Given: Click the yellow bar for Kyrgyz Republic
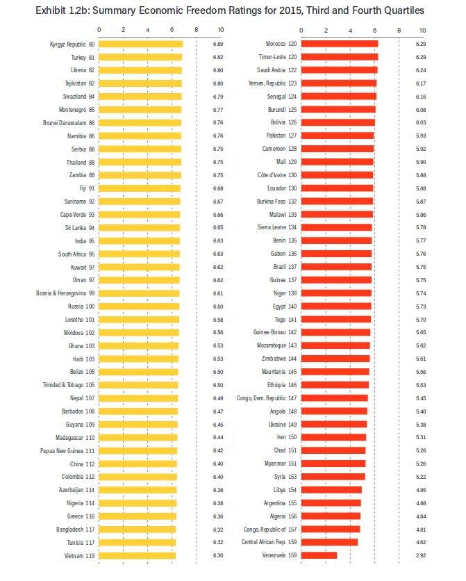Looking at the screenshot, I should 141,44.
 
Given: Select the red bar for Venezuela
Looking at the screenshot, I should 319,555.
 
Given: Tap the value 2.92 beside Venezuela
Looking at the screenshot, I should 421,555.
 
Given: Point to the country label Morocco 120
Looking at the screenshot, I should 276,44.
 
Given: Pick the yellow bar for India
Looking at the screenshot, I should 139,240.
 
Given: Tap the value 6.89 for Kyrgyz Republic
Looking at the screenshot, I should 218,44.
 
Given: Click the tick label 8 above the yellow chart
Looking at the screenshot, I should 196,30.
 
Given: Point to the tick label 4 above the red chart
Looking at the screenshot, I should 350,30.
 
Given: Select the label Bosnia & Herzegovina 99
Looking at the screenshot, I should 65,293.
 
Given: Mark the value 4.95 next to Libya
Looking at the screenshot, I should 421,490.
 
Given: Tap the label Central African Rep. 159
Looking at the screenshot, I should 267,542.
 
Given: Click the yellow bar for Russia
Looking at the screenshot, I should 139,306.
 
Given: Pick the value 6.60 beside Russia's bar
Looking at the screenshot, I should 218,306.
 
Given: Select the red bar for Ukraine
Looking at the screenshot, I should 335,424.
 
